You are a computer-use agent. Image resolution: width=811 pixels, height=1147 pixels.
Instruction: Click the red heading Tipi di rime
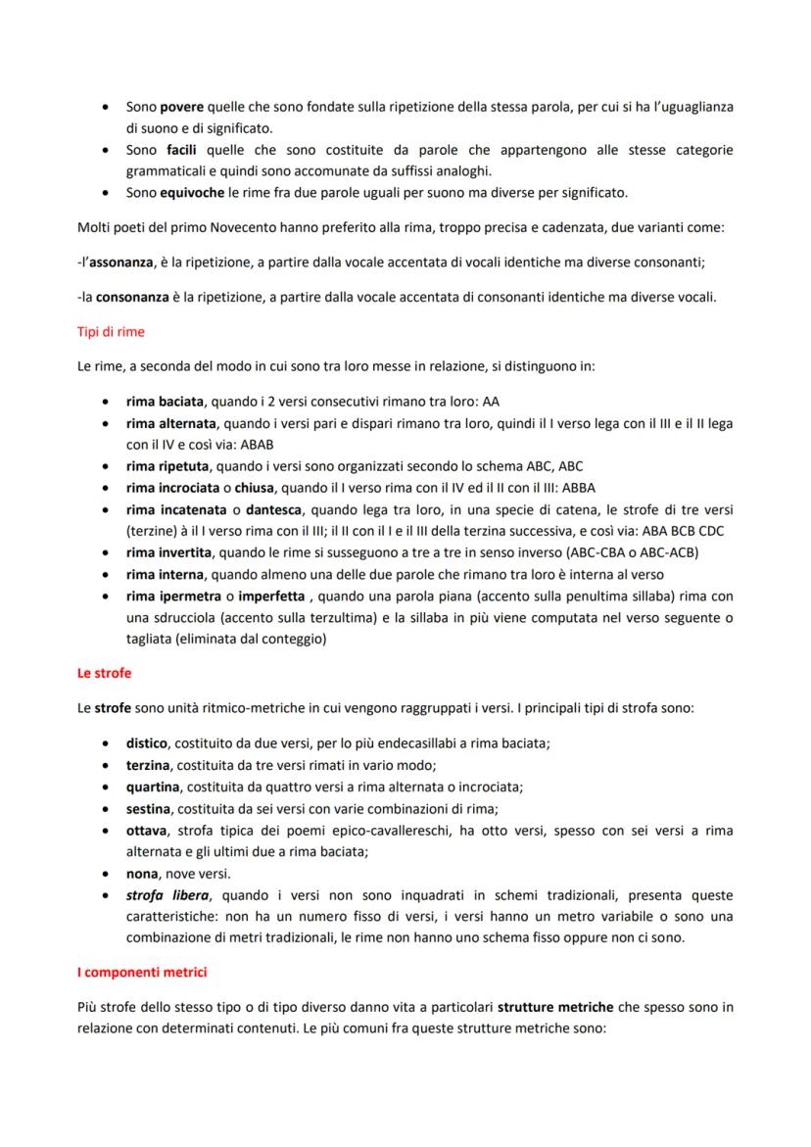111,332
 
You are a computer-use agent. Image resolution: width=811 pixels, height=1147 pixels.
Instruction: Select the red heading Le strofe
104,673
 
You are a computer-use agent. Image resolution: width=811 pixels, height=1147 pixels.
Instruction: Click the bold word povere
182,106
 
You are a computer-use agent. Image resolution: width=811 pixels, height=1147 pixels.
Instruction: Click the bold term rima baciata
165,402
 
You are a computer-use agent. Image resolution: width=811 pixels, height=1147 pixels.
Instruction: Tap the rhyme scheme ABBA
579,488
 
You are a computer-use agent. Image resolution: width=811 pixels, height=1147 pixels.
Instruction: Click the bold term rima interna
165,574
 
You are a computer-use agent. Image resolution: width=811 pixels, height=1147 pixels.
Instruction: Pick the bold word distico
148,742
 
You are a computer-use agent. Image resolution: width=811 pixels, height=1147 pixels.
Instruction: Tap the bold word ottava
147,831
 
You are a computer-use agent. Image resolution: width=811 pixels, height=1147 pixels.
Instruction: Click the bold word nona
143,874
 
